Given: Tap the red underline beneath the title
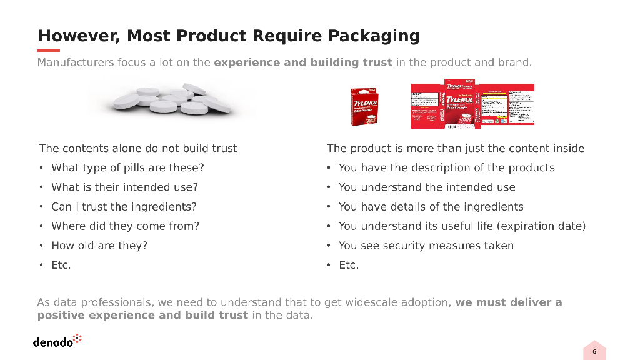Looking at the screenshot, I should pyautogui.click(x=49, y=51).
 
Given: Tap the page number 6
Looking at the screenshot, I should pyautogui.click(x=594, y=352).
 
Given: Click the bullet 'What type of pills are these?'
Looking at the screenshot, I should pyautogui.click(x=127, y=167).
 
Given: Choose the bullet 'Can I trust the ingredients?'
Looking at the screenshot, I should pyautogui.click(x=124, y=207).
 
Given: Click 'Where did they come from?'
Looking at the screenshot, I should pyautogui.click(x=125, y=226).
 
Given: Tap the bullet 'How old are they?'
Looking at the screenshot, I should pyautogui.click(x=99, y=246).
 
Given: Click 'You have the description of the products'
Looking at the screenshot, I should pyautogui.click(x=446, y=167).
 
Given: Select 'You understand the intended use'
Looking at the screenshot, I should pyautogui.click(x=427, y=187).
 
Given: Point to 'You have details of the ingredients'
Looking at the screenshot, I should pyautogui.click(x=431, y=207).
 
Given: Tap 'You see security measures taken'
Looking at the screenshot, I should pyautogui.click(x=426, y=246).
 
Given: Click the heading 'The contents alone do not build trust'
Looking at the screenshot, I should pyautogui.click(x=138, y=148).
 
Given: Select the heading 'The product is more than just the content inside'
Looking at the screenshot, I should pyautogui.click(x=456, y=148).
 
